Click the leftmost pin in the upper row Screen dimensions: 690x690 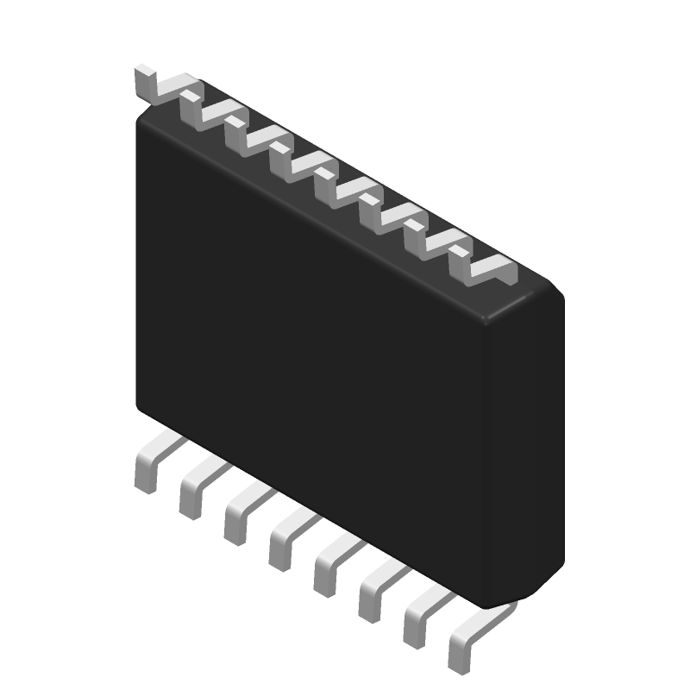148,84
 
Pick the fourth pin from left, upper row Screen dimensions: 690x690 284,161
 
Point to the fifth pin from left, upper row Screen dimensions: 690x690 329,187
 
